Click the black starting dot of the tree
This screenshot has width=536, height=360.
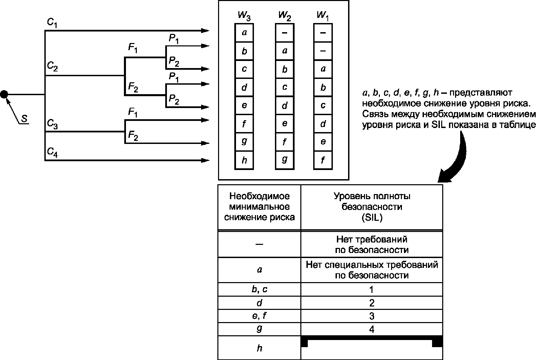click(4, 94)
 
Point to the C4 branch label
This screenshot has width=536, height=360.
click(52, 153)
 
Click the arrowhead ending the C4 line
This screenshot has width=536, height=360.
click(206, 160)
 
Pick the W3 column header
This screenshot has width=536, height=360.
click(244, 16)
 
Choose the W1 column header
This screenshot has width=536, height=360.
click(322, 16)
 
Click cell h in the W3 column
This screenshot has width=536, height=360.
click(244, 160)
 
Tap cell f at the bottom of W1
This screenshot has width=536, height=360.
click(323, 160)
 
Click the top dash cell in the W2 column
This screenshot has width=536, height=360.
click(284, 33)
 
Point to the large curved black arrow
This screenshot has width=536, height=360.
click(455, 156)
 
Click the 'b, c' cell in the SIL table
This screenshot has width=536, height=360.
click(259, 290)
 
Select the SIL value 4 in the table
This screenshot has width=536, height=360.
click(372, 329)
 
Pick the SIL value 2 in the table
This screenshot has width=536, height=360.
click(372, 303)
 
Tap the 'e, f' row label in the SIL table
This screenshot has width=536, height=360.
click(259, 316)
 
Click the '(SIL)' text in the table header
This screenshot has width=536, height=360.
click(372, 218)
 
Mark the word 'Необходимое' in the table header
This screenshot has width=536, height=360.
click(259, 196)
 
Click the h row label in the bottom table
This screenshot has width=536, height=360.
click(259, 348)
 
